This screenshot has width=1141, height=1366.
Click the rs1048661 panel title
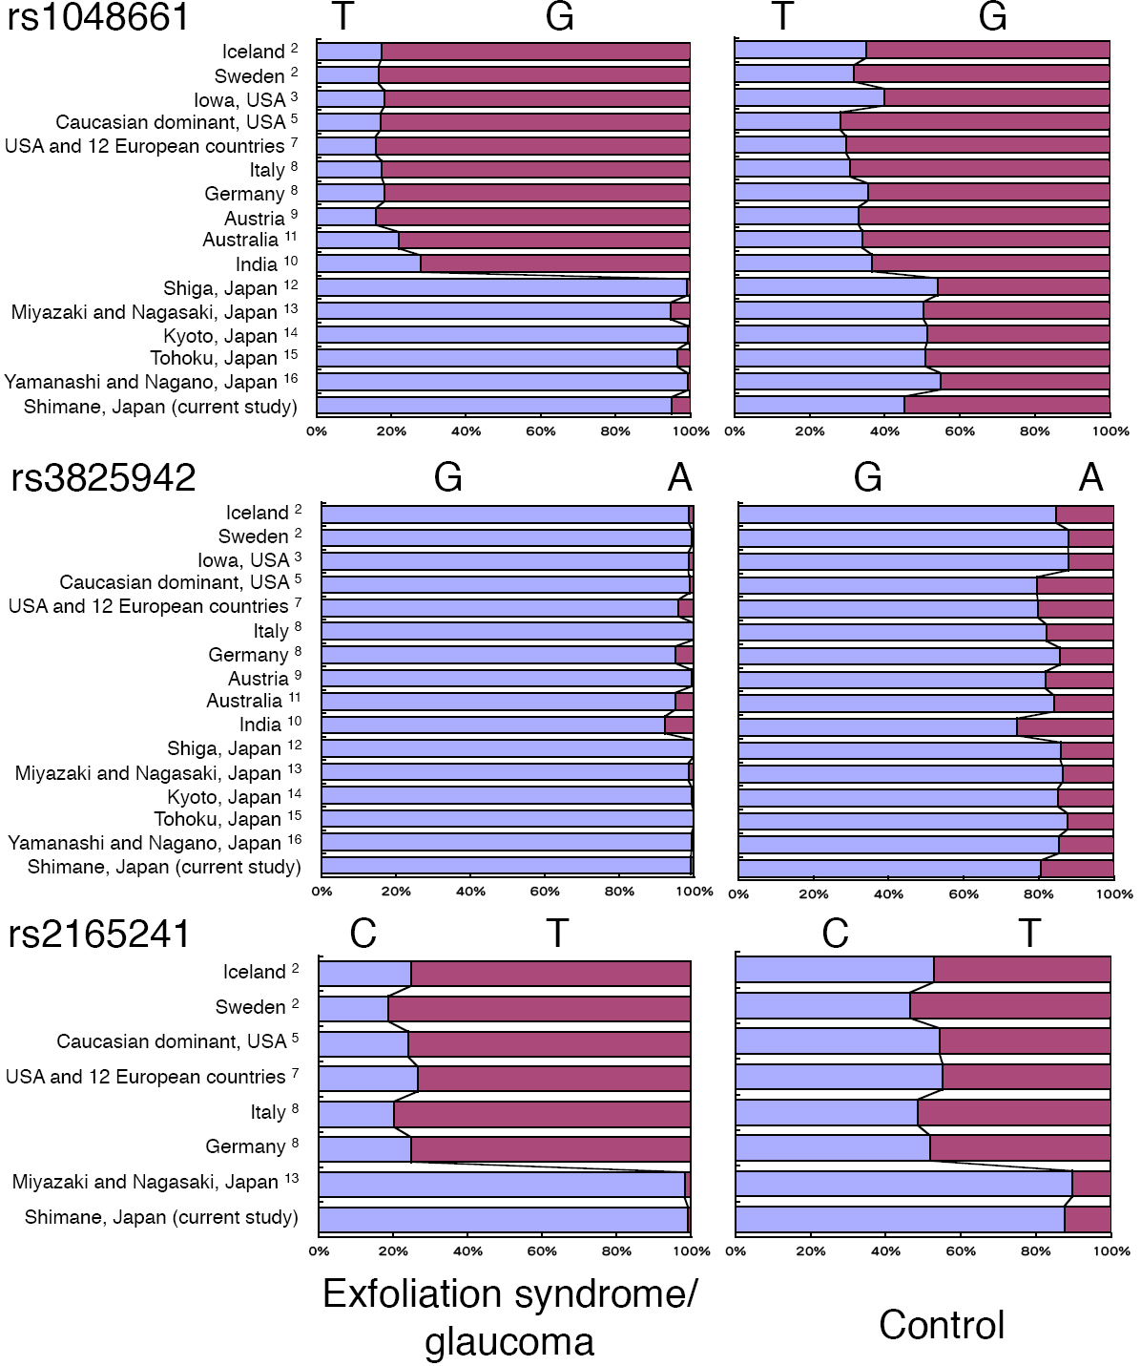pyautogui.click(x=98, y=17)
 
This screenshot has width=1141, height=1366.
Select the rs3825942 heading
pyautogui.click(x=103, y=477)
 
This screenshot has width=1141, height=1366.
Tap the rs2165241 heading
pyautogui.click(x=99, y=934)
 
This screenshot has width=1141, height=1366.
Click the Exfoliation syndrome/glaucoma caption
pyautogui.click(x=509, y=1317)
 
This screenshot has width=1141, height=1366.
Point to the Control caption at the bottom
pyautogui.click(x=942, y=1325)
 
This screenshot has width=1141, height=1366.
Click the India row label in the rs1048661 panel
pyautogui.click(x=257, y=264)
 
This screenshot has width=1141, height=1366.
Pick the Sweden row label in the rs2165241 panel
pyautogui.click(x=250, y=1007)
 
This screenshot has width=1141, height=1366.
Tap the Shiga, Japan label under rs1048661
pyautogui.click(x=220, y=288)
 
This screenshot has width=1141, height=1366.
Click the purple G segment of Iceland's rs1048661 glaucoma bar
pyautogui.click(x=534, y=52)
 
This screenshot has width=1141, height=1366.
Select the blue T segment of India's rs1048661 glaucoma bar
pyautogui.click(x=367, y=263)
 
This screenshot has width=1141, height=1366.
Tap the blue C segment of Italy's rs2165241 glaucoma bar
pyautogui.click(x=356, y=1114)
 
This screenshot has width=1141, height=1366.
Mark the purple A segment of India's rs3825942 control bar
pyautogui.click(x=1065, y=727)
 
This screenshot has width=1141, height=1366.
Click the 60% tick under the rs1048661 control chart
pyautogui.click(x=960, y=431)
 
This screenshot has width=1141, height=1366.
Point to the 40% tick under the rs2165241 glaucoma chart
pyautogui.click(x=467, y=1251)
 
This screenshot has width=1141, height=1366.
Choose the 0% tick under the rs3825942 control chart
pyautogui.click(x=738, y=894)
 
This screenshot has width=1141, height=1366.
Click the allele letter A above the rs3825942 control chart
pyautogui.click(x=1090, y=477)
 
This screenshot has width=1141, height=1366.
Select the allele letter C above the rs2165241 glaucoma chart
pyautogui.click(x=363, y=934)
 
